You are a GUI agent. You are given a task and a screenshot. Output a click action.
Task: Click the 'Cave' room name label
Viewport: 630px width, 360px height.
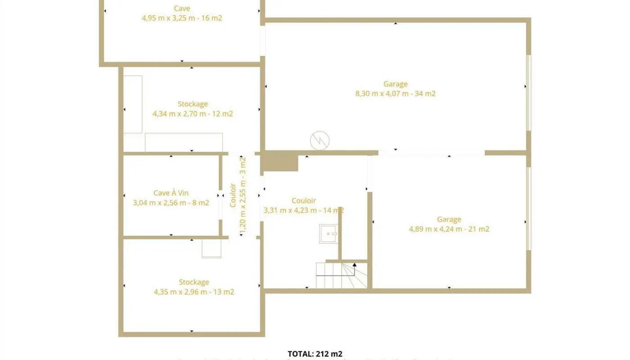[182, 8]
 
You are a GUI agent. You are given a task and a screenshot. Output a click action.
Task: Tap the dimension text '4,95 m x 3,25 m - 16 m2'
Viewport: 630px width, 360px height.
[182, 18]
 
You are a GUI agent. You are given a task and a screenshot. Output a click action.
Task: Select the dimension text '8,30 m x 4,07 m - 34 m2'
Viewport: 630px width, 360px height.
[395, 94]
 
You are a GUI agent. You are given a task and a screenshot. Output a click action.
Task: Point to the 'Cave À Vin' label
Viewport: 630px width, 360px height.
[171, 193]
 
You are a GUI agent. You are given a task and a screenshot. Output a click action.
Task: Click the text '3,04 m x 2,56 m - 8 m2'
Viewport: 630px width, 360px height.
[171, 203]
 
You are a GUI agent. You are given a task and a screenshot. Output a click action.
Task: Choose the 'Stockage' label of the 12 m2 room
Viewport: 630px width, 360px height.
[193, 104]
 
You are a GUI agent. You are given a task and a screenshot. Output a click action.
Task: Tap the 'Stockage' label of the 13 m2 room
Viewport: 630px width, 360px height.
[194, 282]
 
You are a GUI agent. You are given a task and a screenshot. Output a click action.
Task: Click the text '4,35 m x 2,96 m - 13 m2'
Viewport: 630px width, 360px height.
[194, 292]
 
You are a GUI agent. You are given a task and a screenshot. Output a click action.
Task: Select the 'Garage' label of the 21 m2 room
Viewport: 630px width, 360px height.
[449, 219]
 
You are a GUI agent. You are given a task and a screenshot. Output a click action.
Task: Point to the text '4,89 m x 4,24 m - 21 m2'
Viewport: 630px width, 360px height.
[449, 229]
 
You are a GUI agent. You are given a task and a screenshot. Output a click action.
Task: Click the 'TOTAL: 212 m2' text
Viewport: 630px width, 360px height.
[315, 354]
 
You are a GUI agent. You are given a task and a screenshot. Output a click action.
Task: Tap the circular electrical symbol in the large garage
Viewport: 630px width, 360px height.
[319, 141]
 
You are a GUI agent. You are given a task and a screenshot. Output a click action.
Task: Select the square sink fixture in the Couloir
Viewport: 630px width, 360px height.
[328, 234]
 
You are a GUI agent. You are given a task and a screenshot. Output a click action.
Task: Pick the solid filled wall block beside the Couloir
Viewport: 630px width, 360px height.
[280, 161]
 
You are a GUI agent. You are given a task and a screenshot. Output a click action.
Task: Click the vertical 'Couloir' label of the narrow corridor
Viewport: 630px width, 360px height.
[233, 195]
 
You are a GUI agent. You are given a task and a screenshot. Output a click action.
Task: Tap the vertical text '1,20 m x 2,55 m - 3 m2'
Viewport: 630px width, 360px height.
[243, 196]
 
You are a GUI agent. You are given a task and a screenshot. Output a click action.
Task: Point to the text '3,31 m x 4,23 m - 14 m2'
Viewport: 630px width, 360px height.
[304, 210]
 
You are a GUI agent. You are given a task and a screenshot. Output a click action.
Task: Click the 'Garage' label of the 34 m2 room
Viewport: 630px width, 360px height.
[395, 84]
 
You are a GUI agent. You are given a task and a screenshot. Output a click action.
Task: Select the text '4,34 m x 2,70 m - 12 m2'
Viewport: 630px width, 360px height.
[193, 114]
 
